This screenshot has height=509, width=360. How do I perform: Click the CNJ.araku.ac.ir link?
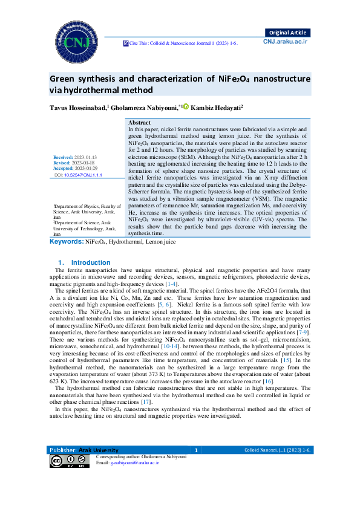click(286, 41)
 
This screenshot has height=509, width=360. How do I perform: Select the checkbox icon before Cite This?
click(126, 44)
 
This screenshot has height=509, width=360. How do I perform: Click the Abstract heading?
click(140, 123)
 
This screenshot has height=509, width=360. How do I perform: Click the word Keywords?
click(66, 241)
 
